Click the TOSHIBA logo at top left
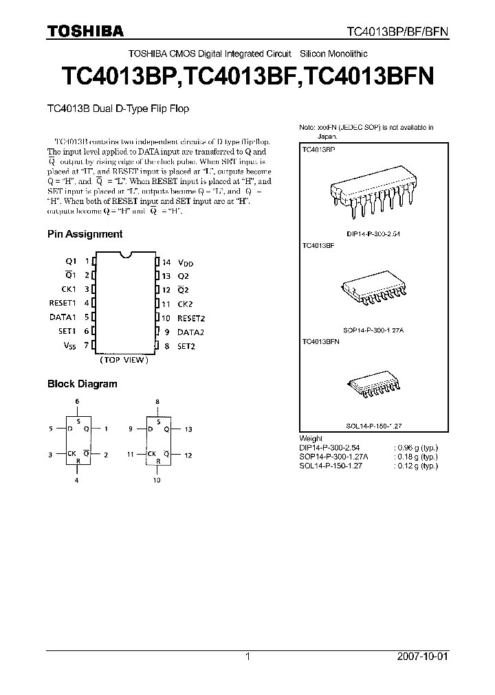coord(85,31)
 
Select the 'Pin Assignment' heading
coord(85,233)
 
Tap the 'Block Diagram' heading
coord(82,384)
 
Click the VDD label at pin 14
coord(186,262)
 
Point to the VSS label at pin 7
coord(70,345)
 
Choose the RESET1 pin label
coord(62,303)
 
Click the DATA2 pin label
coord(190,332)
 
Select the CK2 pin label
coord(186,304)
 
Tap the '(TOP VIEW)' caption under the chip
coord(124,360)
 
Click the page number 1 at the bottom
coord(247,657)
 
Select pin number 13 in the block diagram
coord(188,429)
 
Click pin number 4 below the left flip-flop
coord(78,481)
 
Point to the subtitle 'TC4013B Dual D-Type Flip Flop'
coord(118,109)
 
